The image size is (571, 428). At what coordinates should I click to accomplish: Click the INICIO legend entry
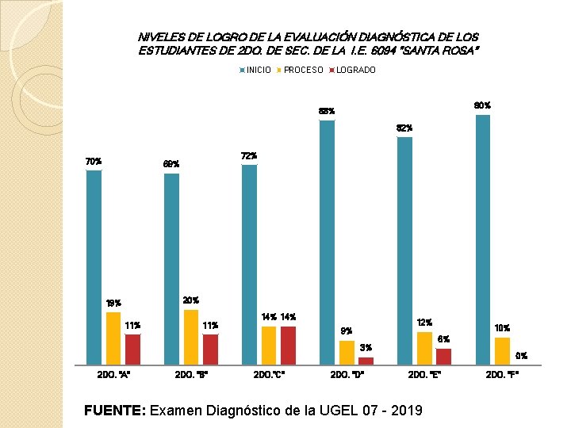pos(255,70)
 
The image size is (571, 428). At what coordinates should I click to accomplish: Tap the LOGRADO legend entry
pos(353,70)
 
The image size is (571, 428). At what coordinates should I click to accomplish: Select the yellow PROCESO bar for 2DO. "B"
pos(190,337)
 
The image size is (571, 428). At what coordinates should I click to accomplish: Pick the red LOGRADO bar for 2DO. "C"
pos(288,345)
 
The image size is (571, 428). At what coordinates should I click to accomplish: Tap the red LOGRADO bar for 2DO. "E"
pos(443,356)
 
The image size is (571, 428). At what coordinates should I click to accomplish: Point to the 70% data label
pos(94,162)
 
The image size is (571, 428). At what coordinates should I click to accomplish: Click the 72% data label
pos(249,156)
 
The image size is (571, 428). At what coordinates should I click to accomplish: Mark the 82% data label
pos(404,128)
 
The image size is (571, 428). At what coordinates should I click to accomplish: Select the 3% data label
pos(365,348)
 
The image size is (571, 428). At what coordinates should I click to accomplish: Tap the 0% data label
pos(521,356)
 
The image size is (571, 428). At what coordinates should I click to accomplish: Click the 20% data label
pos(190,300)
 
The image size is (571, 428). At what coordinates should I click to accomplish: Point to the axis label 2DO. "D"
pos(347,375)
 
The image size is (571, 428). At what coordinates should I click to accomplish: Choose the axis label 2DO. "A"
pos(113,375)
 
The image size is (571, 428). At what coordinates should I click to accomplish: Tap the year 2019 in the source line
pos(404,410)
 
